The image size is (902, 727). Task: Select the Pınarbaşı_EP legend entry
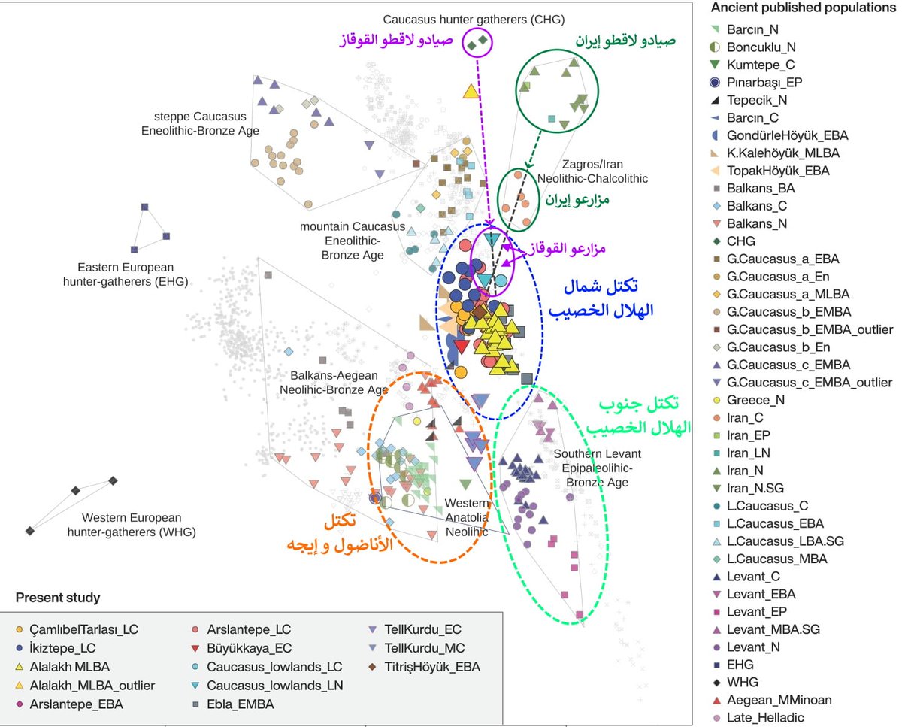pos(763,82)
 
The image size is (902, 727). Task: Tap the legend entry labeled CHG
pos(740,241)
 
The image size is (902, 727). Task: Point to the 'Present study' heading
pos(58,598)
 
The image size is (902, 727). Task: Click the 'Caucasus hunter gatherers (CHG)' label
pos(474,20)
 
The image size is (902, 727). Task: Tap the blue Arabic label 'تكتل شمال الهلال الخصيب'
pos(602,298)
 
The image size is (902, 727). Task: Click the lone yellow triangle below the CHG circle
pos(471,92)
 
